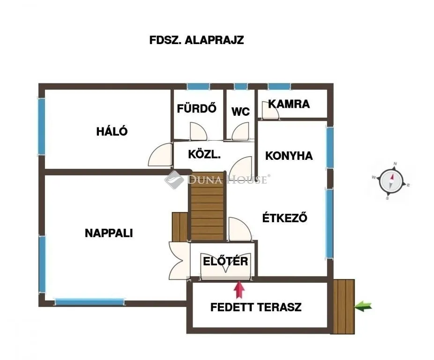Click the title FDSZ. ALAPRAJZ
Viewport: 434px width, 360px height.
tap(196, 40)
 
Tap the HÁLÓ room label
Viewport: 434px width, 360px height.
tap(112, 131)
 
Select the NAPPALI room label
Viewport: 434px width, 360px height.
tap(109, 232)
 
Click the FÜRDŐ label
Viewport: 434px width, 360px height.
tap(196, 108)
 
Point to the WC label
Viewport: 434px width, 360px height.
tap(240, 112)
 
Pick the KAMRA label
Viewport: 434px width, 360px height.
tap(289, 104)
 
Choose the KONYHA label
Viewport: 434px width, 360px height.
tap(289, 156)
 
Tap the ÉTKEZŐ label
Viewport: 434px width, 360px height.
tap(284, 217)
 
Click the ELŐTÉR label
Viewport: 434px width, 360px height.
tap(225, 261)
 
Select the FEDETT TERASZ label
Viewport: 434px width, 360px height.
tap(255, 307)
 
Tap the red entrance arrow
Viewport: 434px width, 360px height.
tap(239, 289)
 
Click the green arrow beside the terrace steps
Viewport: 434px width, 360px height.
tap(363, 307)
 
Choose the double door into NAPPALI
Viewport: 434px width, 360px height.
tap(179, 260)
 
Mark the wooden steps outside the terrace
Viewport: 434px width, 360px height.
tap(344, 306)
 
